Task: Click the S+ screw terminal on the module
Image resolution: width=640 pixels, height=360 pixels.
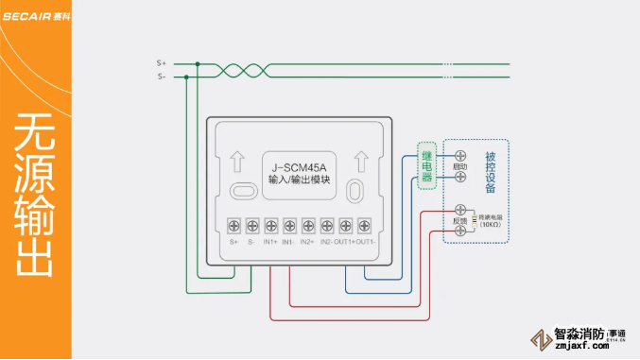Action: click(234, 226)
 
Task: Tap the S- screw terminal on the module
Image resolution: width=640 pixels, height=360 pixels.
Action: click(252, 226)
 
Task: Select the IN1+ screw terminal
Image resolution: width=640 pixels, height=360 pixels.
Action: click(271, 226)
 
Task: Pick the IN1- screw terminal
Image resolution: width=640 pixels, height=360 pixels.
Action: click(289, 226)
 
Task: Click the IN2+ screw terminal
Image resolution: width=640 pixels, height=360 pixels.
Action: click(308, 226)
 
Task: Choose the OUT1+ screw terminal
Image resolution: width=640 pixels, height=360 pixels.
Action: click(345, 226)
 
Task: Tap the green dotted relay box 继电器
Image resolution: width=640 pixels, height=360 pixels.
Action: click(427, 165)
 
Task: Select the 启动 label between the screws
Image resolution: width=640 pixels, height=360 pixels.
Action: click(460, 166)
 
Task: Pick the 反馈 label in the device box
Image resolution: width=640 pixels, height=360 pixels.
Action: click(459, 220)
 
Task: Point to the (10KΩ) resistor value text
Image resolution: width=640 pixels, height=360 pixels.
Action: click(490, 225)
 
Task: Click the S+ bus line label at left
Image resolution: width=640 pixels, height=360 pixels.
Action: click(161, 62)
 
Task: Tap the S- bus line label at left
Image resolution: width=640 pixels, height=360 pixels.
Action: click(161, 77)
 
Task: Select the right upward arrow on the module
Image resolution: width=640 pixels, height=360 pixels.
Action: click(359, 157)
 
